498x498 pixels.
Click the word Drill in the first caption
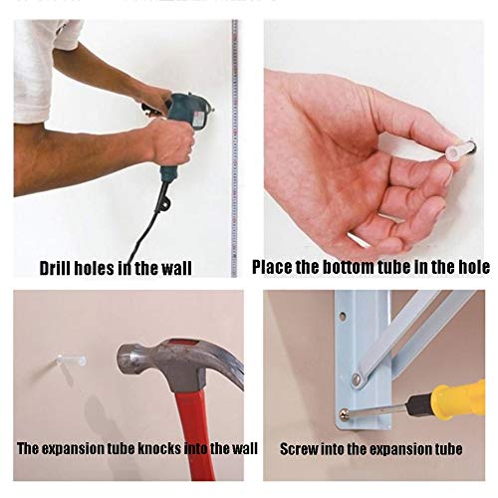coord(54,268)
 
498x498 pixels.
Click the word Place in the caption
coord(272,267)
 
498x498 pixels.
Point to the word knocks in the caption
coord(159,448)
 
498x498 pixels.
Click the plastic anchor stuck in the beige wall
coord(71,361)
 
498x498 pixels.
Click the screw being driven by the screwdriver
coord(344,413)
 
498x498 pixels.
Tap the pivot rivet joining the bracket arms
coord(357,377)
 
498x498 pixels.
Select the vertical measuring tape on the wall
coord(234,148)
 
